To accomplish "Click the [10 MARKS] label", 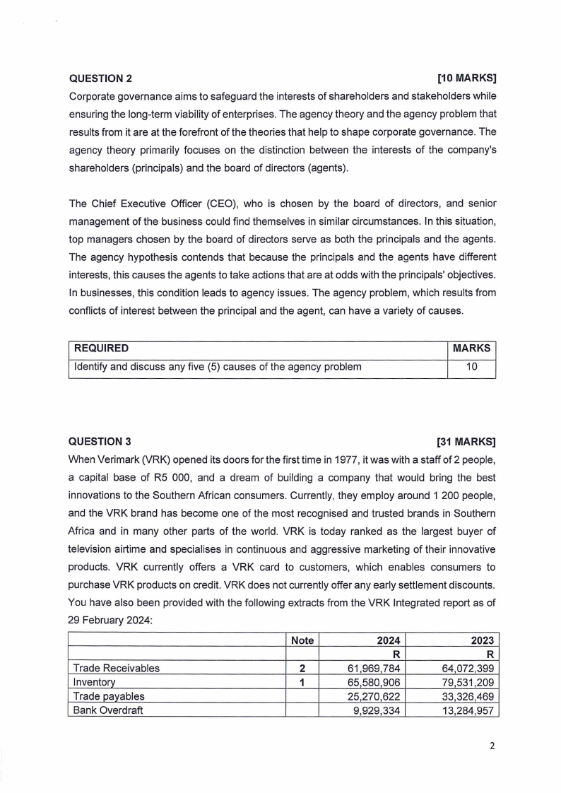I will point(466,78).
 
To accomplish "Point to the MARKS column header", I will point(471,348).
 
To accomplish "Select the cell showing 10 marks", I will point(471,366).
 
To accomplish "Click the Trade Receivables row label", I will point(117,668).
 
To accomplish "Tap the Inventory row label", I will point(95,682).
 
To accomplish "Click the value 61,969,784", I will point(375,668).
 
